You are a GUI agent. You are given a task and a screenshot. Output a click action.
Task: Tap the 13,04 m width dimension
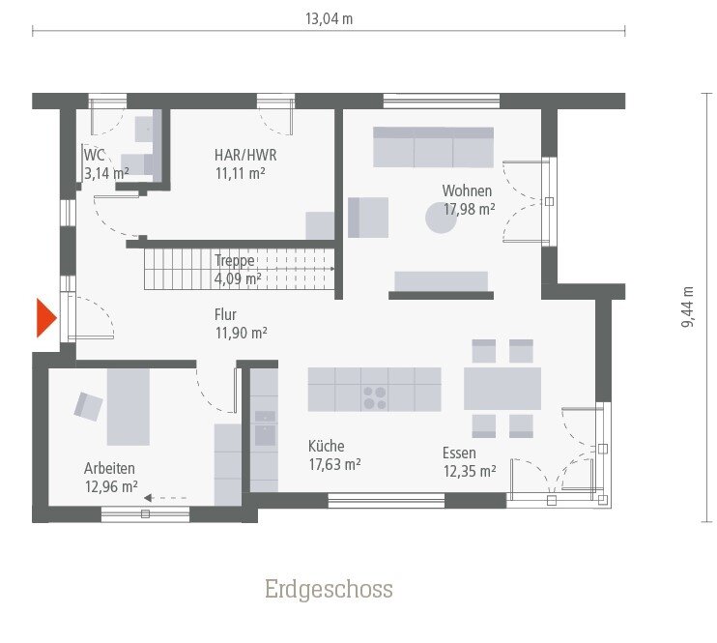coord(329,18)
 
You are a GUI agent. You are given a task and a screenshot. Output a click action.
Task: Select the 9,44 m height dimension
coord(687,307)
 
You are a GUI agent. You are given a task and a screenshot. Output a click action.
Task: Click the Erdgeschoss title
coord(329,589)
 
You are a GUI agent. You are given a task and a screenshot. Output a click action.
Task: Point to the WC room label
coord(95,155)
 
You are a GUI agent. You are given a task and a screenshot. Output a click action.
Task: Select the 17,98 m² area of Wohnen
coord(469,208)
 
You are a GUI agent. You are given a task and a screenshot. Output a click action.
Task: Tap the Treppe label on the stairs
coord(236,260)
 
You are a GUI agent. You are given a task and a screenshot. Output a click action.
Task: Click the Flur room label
coord(225,314)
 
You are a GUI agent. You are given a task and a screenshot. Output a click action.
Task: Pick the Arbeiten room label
coord(110,468)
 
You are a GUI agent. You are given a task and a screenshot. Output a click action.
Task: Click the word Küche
coord(326,446)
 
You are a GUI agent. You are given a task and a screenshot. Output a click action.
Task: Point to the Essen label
coord(459,452)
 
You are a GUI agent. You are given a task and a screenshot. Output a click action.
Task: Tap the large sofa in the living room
coord(433,147)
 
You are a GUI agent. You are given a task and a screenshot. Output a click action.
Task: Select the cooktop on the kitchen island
coord(374,396)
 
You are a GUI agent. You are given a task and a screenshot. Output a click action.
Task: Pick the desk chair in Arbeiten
coord(89,406)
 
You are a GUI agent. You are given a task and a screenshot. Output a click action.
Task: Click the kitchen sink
coord(264,432)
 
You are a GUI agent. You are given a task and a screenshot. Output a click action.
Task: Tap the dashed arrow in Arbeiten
coord(165,498)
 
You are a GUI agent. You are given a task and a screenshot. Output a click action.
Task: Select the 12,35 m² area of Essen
coord(470,472)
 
